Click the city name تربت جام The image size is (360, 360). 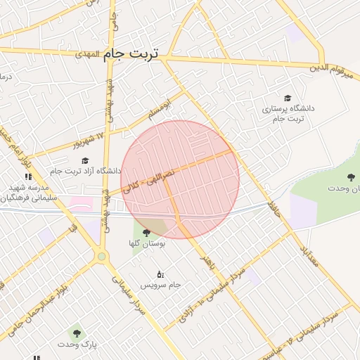(131, 53)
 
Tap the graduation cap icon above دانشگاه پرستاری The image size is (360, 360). (287, 98)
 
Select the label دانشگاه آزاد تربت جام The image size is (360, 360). (77, 171)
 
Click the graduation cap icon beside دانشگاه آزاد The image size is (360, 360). (85, 160)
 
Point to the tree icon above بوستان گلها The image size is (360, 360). (146, 232)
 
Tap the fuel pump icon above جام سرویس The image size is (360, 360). (160, 274)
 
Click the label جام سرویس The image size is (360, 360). (160, 285)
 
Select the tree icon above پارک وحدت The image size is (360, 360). (75, 333)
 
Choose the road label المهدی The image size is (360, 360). (89, 53)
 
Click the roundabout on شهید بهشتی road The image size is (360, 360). (102, 256)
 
